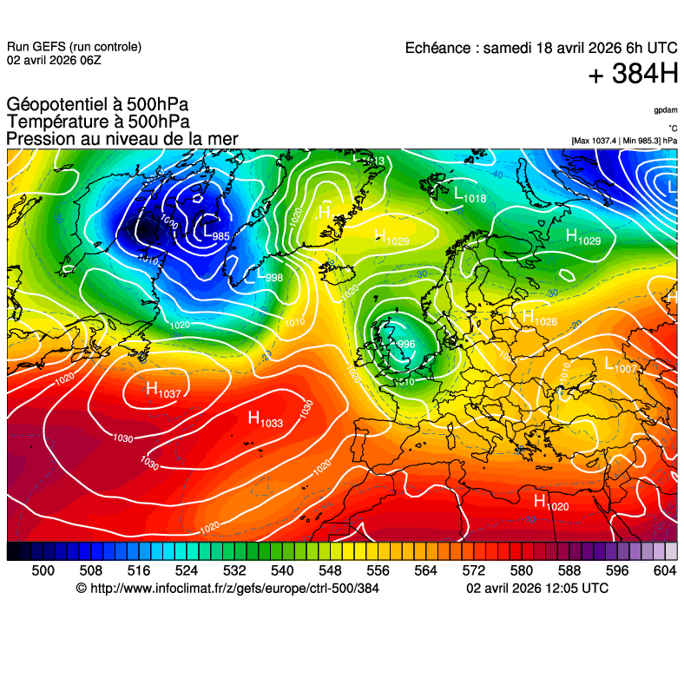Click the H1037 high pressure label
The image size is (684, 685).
click(163, 391)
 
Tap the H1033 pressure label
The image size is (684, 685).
click(266, 419)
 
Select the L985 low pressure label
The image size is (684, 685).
click(216, 233)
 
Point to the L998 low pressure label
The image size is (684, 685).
click(269, 275)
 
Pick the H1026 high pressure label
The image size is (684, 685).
click(539, 319)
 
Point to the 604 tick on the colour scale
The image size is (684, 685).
click(664, 570)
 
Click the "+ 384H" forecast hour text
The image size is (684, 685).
click(633, 75)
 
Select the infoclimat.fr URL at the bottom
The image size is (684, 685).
click(227, 589)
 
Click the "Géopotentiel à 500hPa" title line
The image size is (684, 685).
click(97, 105)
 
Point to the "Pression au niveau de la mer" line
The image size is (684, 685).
click(122, 139)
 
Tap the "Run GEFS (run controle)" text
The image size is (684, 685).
click(74, 47)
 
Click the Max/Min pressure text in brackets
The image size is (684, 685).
click(624, 141)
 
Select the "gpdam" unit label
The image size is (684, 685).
click(666, 110)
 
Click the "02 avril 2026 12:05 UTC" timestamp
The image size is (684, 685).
click(537, 589)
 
